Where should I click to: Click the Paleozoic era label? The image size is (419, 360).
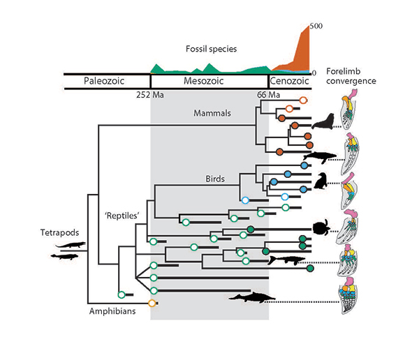(x=104, y=81)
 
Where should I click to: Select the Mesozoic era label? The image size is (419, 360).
(x=207, y=81)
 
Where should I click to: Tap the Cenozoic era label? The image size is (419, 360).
(x=289, y=81)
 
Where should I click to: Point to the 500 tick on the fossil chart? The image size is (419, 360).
(x=316, y=26)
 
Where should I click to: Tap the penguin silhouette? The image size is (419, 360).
(x=321, y=181)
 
